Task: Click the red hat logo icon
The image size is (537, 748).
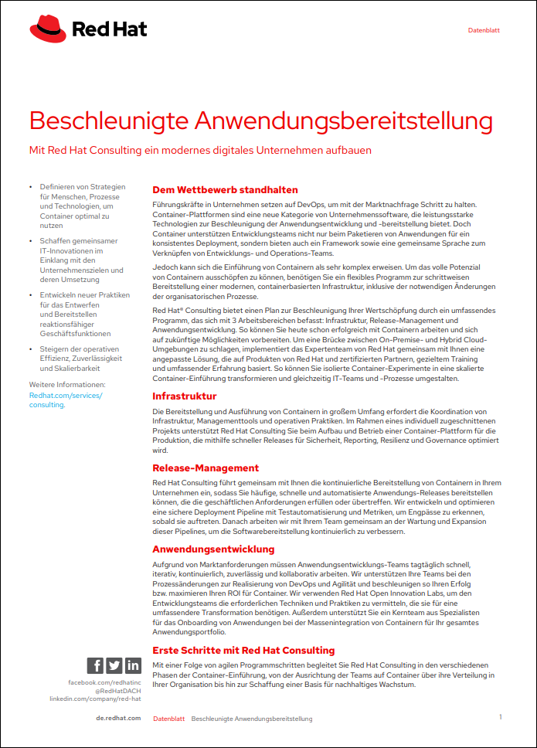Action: [x=48, y=30]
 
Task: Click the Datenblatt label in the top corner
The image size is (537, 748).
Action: [x=484, y=31]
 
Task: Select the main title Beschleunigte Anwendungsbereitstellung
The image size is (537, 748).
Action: [x=260, y=121]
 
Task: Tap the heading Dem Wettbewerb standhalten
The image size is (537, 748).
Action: [x=225, y=190]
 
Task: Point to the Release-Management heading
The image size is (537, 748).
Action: [x=206, y=468]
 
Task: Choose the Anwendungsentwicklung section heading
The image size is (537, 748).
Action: [x=213, y=549]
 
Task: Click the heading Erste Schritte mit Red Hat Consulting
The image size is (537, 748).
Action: [x=243, y=651]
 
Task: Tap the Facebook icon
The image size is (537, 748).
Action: [x=95, y=665]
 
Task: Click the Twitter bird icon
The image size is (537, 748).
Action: [x=114, y=665]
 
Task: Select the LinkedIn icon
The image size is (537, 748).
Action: [x=133, y=665]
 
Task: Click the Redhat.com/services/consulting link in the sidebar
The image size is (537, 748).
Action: [x=65, y=399]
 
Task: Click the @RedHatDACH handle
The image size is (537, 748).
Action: [x=117, y=691]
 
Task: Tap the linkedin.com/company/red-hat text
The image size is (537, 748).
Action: [x=95, y=699]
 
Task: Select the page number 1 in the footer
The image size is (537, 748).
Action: [x=500, y=717]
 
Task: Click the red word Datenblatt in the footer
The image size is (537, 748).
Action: [x=168, y=719]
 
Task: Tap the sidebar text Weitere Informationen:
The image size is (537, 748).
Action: [x=67, y=384]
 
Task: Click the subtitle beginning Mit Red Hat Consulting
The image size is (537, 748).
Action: [x=200, y=150]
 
